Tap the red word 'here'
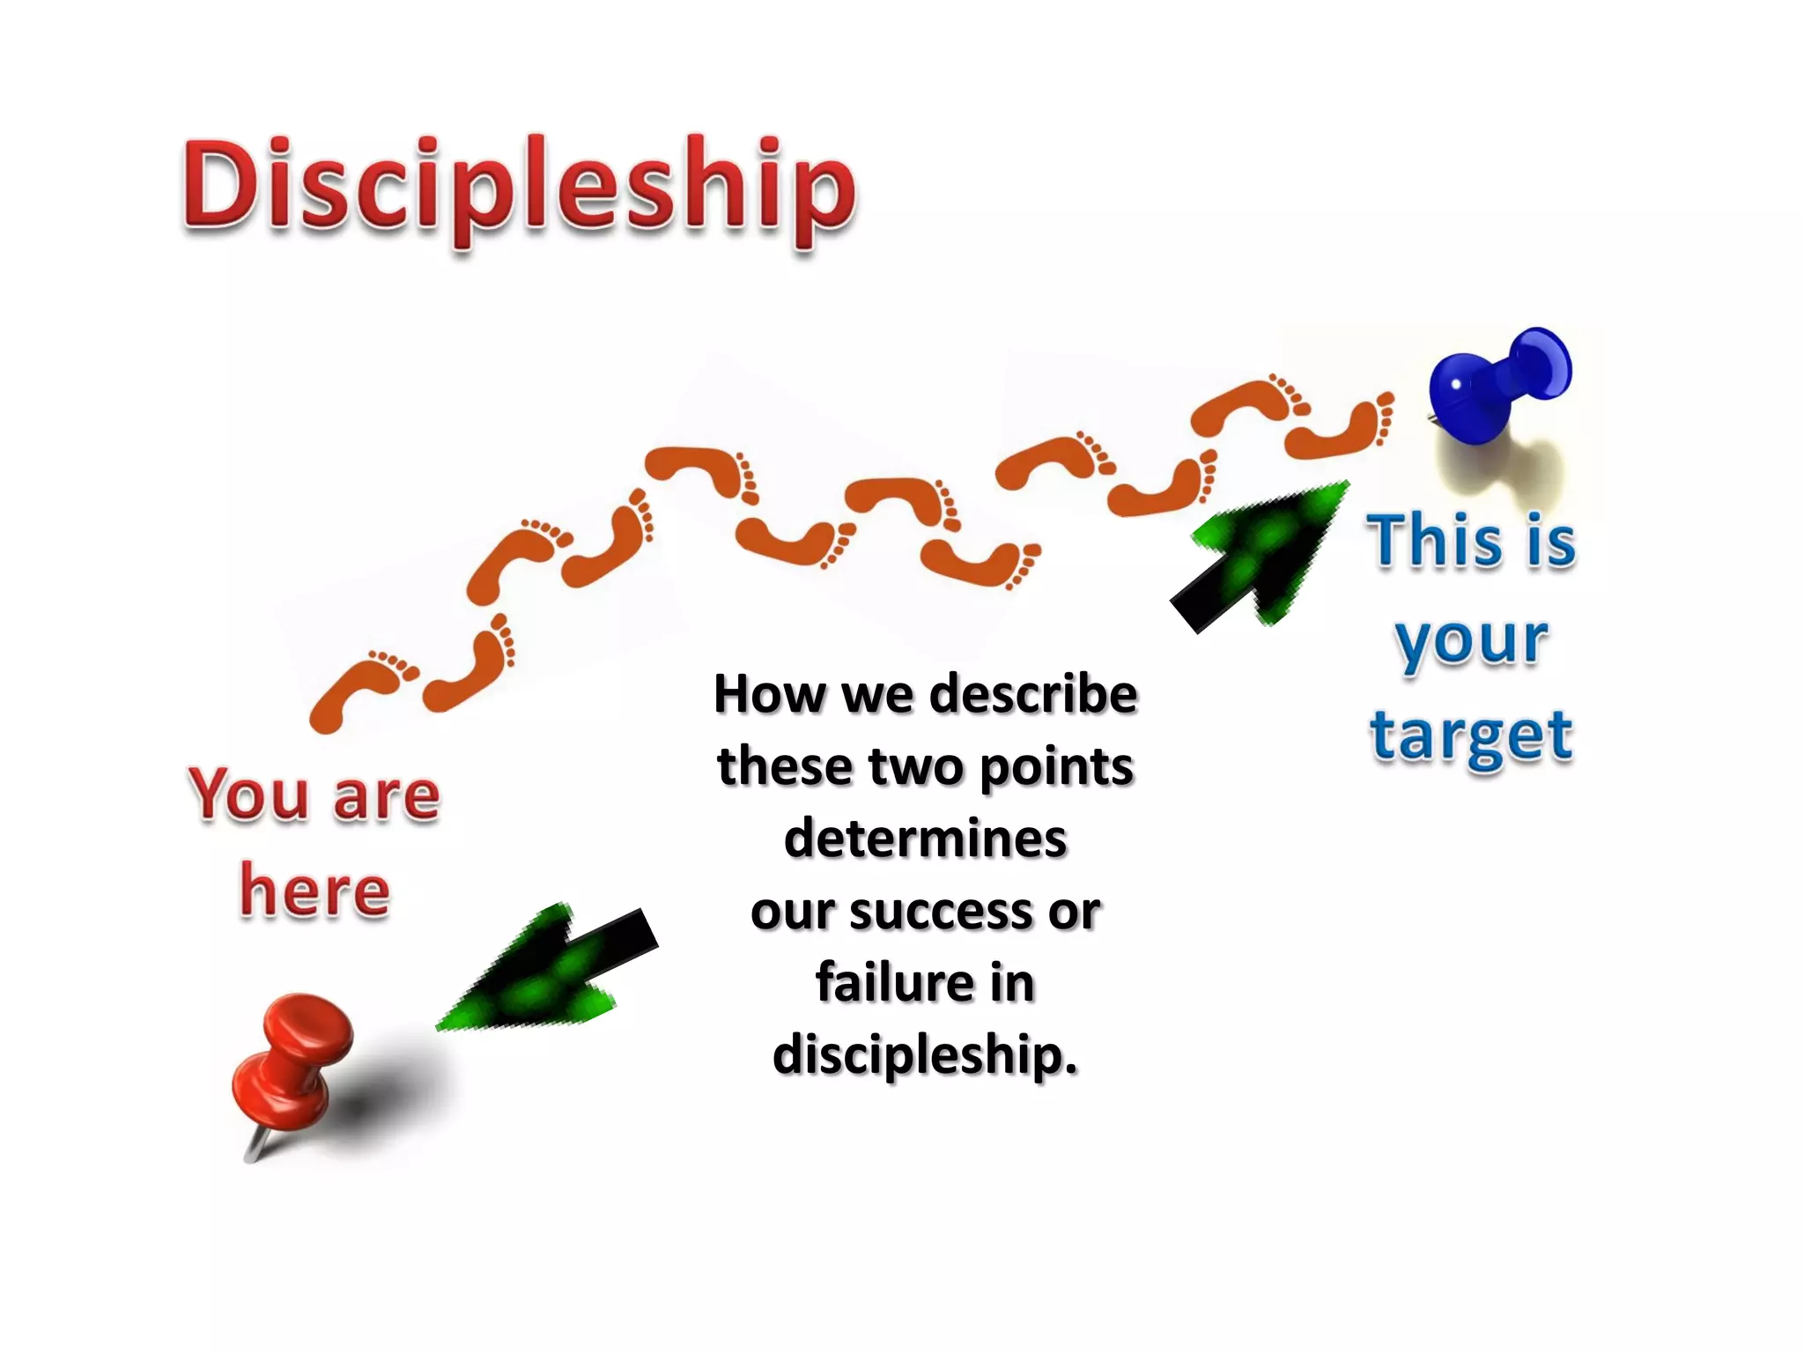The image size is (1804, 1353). click(x=314, y=891)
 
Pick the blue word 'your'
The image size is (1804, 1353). click(x=1471, y=640)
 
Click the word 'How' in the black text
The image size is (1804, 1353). click(x=768, y=693)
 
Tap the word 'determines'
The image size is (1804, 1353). click(x=925, y=838)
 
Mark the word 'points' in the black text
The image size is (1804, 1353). click(x=1056, y=767)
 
